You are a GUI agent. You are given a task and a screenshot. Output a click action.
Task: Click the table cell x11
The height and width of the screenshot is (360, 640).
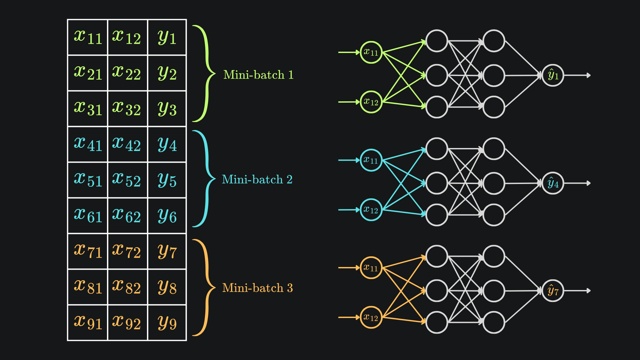click(88, 37)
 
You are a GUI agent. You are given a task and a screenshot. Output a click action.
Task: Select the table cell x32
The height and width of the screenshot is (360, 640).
click(127, 109)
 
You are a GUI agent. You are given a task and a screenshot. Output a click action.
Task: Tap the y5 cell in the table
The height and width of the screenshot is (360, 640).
click(167, 180)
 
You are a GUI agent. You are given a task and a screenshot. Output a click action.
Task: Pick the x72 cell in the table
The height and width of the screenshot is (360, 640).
click(127, 251)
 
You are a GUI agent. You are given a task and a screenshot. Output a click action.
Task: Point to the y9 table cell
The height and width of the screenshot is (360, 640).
click(167, 323)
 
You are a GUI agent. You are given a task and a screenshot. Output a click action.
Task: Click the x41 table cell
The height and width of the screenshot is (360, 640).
click(88, 144)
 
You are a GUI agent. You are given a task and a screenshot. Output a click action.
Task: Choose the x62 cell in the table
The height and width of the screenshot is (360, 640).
click(127, 216)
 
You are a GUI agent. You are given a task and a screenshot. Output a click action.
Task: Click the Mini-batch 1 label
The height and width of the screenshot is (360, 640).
click(258, 75)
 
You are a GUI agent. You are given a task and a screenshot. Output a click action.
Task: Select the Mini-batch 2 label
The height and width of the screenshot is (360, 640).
click(257, 179)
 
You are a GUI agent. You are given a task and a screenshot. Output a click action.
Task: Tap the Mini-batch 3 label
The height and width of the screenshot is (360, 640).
click(257, 288)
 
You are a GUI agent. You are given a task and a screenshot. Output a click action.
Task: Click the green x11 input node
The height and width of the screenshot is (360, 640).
click(371, 52)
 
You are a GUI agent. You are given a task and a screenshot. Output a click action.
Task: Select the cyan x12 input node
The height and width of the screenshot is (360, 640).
click(371, 210)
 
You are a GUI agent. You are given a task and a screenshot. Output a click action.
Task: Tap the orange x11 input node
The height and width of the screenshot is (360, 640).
click(371, 268)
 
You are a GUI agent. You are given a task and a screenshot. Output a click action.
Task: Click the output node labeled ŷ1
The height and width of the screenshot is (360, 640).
click(553, 75)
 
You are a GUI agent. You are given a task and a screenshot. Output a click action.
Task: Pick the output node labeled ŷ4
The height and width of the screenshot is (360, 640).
click(553, 183)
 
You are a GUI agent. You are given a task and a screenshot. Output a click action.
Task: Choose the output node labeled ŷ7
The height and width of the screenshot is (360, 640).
click(553, 291)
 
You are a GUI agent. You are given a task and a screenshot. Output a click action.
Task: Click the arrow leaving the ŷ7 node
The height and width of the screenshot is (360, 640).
click(577, 291)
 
